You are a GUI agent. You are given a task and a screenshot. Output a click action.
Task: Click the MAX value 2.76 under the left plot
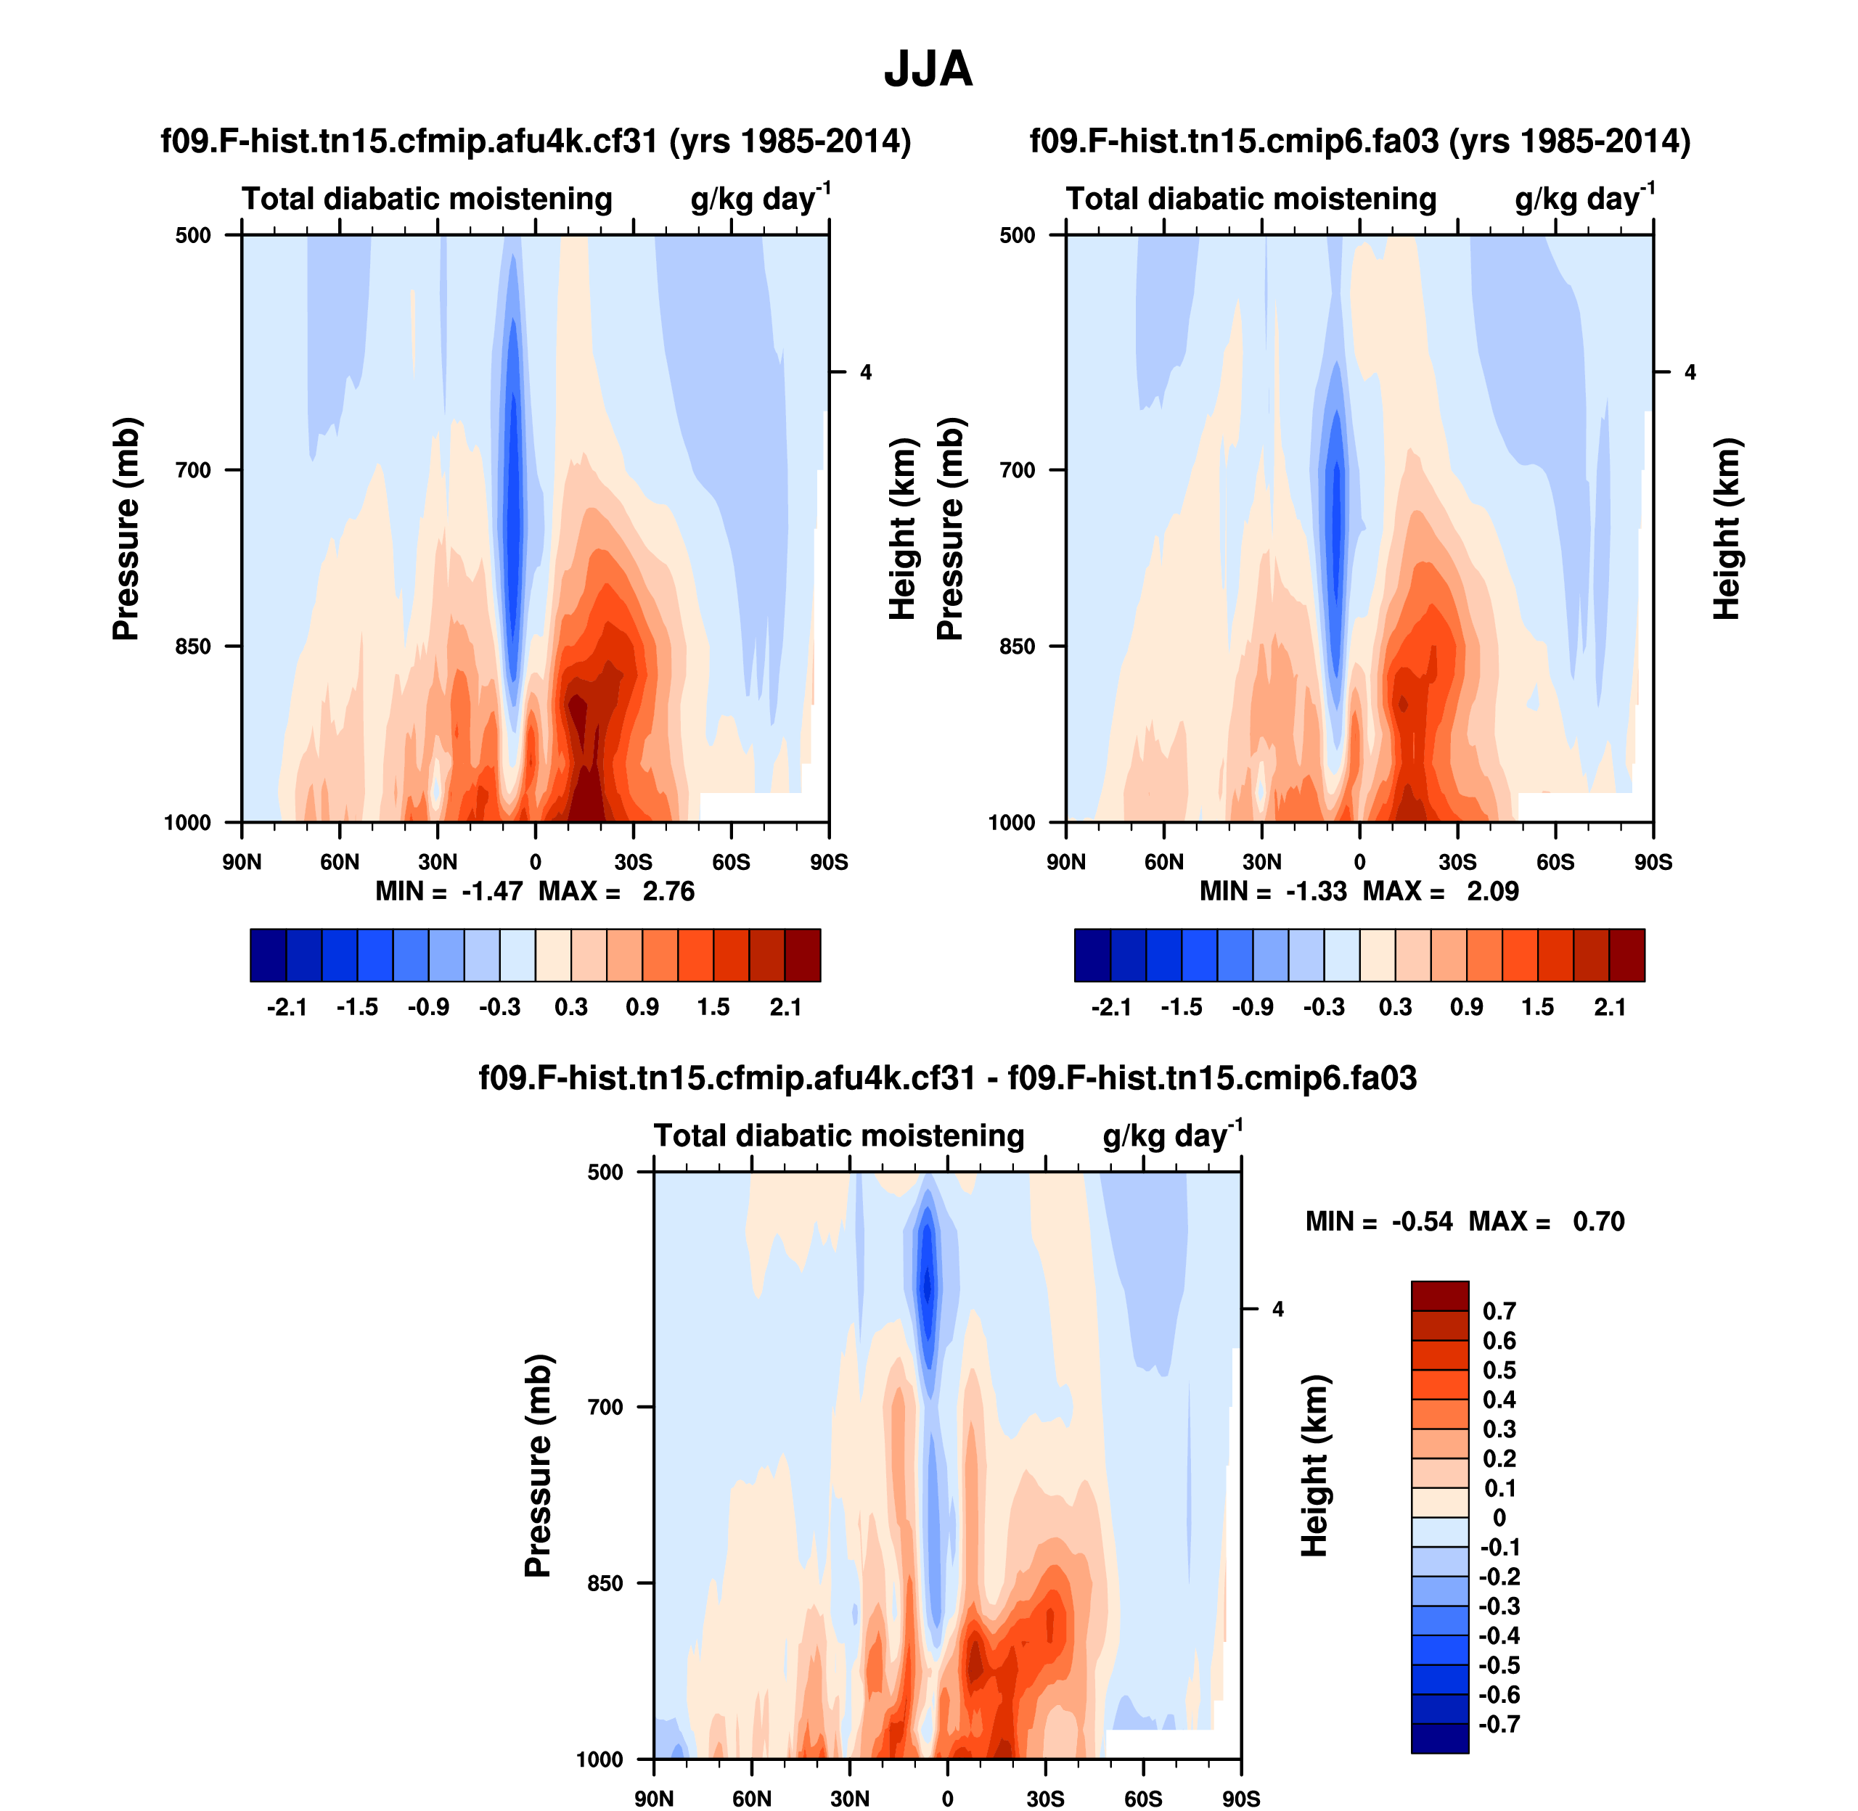(x=668, y=891)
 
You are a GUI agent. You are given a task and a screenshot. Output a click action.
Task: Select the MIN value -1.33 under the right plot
(x=1316, y=891)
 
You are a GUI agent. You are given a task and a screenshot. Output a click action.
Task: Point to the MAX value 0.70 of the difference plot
(x=1598, y=1221)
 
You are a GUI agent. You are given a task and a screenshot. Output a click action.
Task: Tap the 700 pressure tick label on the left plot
(x=193, y=470)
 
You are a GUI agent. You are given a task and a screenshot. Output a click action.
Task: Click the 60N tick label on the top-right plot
(x=1163, y=863)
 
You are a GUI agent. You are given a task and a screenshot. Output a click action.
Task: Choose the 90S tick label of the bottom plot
(x=1240, y=1799)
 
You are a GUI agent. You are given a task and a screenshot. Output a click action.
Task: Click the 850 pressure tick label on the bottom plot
(x=605, y=1582)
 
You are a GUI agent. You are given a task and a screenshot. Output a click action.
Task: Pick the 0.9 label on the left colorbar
(x=642, y=1007)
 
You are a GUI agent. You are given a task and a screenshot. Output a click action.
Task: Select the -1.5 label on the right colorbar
(x=1181, y=1007)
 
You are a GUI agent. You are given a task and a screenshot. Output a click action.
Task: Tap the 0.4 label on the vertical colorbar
(x=1499, y=1400)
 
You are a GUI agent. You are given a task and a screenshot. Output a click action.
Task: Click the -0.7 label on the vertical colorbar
(x=1499, y=1723)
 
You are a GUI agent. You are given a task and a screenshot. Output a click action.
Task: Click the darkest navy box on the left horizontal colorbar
(x=269, y=955)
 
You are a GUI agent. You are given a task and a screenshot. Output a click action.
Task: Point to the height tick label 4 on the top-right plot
(x=1690, y=372)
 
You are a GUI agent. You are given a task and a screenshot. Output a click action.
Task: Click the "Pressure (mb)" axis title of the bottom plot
(x=538, y=1466)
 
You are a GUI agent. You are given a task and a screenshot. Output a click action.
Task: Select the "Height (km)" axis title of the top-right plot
(x=1726, y=529)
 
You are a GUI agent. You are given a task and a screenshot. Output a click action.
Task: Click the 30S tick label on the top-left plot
(x=633, y=863)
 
